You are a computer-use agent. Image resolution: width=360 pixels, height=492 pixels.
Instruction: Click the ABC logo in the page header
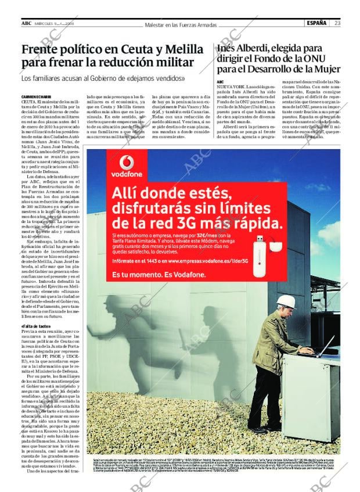(26, 23)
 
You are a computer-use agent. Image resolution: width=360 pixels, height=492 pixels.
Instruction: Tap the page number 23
(337, 23)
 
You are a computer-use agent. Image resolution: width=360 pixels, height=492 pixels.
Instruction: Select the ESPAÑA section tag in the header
(316, 23)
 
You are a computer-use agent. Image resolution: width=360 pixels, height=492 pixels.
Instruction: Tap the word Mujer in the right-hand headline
(322, 69)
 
